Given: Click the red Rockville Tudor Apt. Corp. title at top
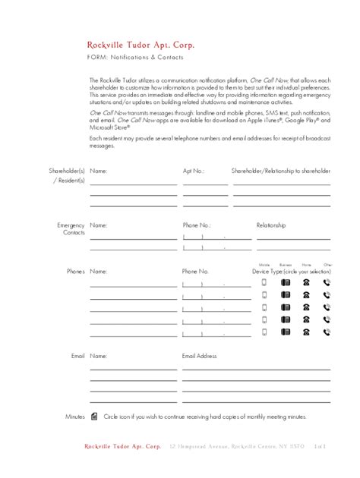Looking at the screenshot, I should click(135, 45).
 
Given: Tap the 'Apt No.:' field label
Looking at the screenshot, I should click(194, 171).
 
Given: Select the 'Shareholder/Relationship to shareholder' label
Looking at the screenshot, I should click(281, 171).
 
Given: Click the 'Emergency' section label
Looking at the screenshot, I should click(71, 225).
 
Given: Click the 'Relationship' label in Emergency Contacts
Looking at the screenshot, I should click(271, 225).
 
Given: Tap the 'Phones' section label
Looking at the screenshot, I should click(75, 271).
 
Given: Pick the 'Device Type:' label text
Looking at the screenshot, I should click(267, 271).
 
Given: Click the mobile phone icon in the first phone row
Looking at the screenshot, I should click(264, 283).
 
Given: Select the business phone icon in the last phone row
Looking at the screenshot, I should click(286, 332).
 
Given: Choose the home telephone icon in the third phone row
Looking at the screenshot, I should click(306, 308).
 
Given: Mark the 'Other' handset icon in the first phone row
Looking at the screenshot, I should click(327, 283).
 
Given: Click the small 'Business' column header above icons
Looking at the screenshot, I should click(286, 264).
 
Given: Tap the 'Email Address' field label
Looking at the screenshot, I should click(199, 356).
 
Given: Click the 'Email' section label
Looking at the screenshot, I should click(77, 356).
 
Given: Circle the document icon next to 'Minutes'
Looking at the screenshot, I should click(94, 417).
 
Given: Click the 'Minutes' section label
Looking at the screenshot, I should click(74, 417).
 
